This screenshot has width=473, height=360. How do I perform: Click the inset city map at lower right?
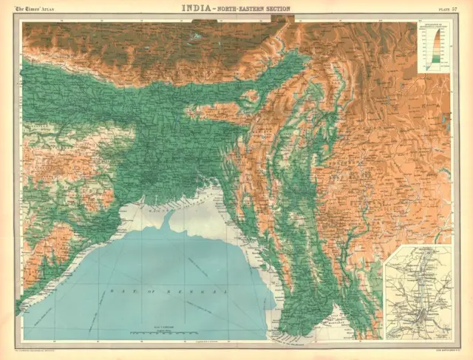point(418,292)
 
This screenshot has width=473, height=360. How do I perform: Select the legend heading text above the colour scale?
point(433,29)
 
